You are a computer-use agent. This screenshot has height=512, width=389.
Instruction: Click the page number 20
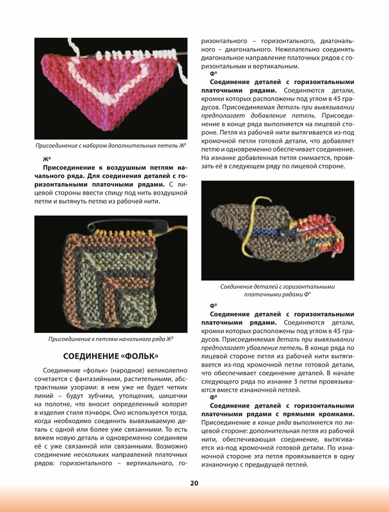pyautogui.click(x=193, y=483)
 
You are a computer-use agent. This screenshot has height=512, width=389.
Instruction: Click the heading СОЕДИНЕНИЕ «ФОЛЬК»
pyautogui.click(x=110, y=356)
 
